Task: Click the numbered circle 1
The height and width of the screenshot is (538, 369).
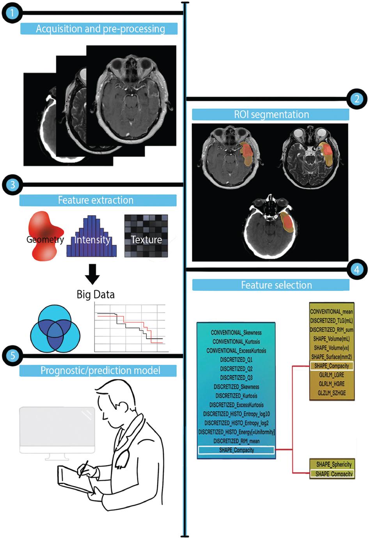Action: coord(12,13)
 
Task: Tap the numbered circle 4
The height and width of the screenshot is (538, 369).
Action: coord(357,269)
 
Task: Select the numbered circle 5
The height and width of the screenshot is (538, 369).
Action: coord(12,356)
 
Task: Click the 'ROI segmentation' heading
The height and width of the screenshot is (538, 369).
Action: coord(271,115)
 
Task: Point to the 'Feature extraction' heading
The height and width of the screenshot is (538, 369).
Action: coord(96,200)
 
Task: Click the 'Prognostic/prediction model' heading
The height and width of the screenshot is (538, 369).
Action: coord(100,370)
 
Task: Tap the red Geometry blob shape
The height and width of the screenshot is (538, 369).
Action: coord(44,236)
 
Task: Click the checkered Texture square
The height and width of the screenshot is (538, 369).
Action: coord(146,236)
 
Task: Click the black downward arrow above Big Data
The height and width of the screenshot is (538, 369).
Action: coord(92,274)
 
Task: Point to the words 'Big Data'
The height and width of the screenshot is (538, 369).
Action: coord(96,294)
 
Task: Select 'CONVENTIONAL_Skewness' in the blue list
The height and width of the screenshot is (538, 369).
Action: coord(236,333)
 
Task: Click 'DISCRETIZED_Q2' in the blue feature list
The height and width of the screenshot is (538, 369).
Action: coord(236,369)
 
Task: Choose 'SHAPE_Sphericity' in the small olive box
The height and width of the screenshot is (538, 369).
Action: coord(334,464)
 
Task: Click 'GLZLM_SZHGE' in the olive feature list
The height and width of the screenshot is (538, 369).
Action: coord(332,393)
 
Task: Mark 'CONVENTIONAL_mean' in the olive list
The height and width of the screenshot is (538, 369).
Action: coord(332,311)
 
